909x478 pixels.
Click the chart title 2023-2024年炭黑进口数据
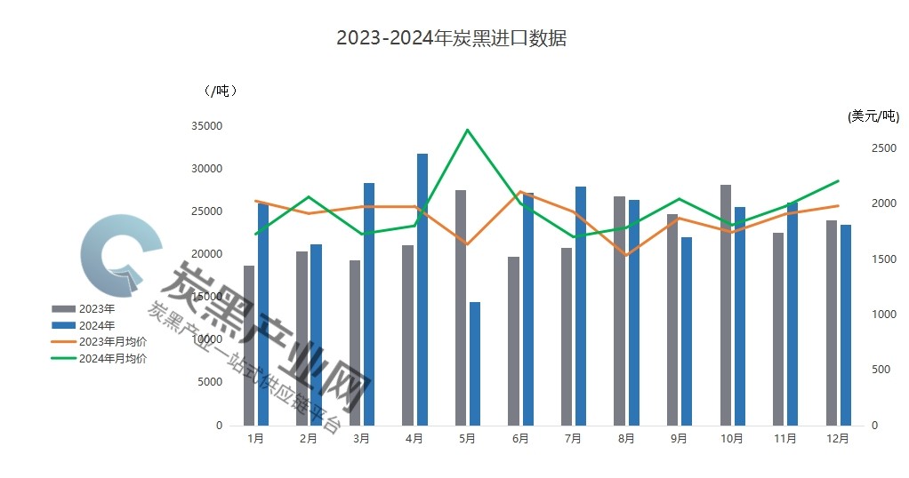click(x=451, y=39)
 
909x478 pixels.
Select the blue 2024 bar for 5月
click(x=475, y=363)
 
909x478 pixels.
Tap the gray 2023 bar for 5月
click(x=461, y=307)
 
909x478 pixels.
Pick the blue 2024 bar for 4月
click(x=422, y=289)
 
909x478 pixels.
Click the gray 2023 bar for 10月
click(x=726, y=305)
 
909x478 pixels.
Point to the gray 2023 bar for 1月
click(x=249, y=345)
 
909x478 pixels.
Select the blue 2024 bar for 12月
click(x=846, y=324)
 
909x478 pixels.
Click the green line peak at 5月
click(x=468, y=130)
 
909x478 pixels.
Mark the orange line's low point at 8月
click(x=626, y=255)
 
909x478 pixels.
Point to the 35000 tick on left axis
click(x=206, y=126)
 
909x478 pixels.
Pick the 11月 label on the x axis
click(x=784, y=438)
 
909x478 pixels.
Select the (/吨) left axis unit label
click(x=220, y=91)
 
